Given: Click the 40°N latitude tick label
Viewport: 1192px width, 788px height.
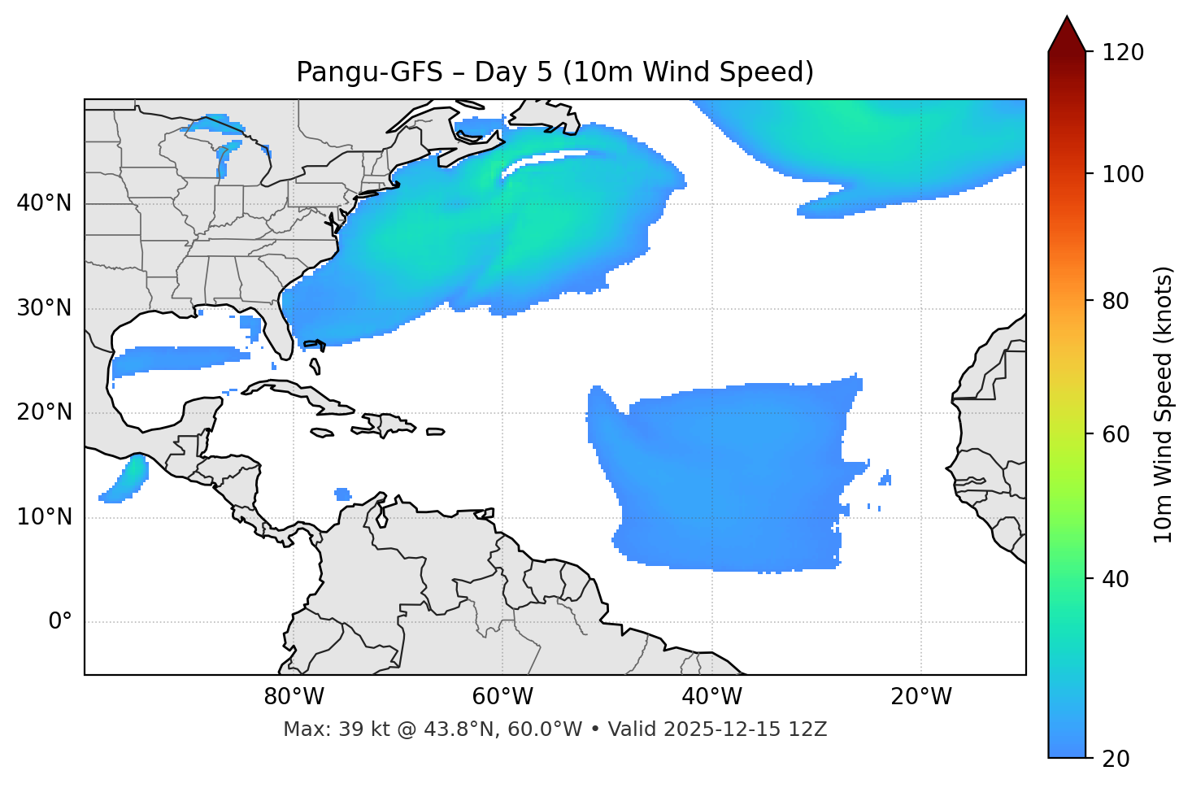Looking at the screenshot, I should point(45,203).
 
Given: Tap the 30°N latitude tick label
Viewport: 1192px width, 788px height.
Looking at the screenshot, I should point(45,308).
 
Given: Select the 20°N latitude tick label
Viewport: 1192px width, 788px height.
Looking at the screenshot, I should point(45,412).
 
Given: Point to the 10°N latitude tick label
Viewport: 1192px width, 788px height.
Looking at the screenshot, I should point(45,517).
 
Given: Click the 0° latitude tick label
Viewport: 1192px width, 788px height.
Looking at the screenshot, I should point(60,622).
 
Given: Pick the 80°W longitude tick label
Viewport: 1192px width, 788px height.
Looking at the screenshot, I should point(294,697).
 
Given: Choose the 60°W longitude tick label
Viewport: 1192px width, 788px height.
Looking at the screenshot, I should point(502,697).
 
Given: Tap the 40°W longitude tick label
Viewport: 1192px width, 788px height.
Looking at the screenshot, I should point(711,697).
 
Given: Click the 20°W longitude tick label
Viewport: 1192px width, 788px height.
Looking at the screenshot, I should point(920,697).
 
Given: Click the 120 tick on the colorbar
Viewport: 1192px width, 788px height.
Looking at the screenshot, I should point(1123,53).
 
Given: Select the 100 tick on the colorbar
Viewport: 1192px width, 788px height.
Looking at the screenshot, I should point(1123,174).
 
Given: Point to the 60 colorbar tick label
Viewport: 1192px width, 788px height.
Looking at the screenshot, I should point(1115,434).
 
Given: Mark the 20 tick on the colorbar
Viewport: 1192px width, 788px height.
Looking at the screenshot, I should point(1115,759).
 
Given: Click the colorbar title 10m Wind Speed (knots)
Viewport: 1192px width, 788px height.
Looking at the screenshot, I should point(1164,404).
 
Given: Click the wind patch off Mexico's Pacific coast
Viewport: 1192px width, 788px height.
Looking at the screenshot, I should point(127,479).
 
